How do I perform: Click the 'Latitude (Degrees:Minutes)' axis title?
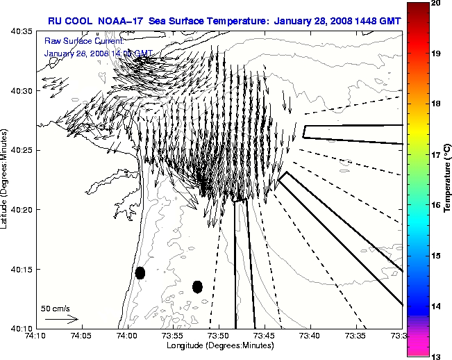(6, 180)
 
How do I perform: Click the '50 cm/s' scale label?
(55, 308)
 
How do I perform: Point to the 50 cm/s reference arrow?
(61, 319)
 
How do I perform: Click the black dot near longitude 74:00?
(140, 272)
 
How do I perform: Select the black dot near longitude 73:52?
(197, 286)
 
